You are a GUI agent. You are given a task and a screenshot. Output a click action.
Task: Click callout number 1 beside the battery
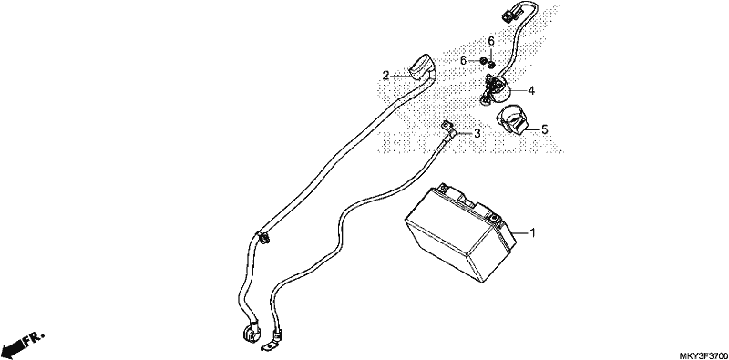pyautogui.click(x=533, y=232)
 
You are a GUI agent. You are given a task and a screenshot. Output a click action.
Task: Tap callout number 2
pyautogui.click(x=385, y=76)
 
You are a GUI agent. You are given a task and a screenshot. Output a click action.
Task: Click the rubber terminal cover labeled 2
pyautogui.click(x=98, y=67)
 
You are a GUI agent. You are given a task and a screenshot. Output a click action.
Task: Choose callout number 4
pyautogui.click(x=531, y=91)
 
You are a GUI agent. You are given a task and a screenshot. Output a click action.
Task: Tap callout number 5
pyautogui.click(x=544, y=129)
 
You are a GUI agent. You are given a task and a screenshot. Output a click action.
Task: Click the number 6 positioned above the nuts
pyautogui.click(x=491, y=41)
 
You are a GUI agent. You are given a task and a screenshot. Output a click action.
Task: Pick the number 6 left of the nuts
pyautogui.click(x=464, y=60)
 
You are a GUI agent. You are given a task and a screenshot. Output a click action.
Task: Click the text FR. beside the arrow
pyautogui.click(x=34, y=337)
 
